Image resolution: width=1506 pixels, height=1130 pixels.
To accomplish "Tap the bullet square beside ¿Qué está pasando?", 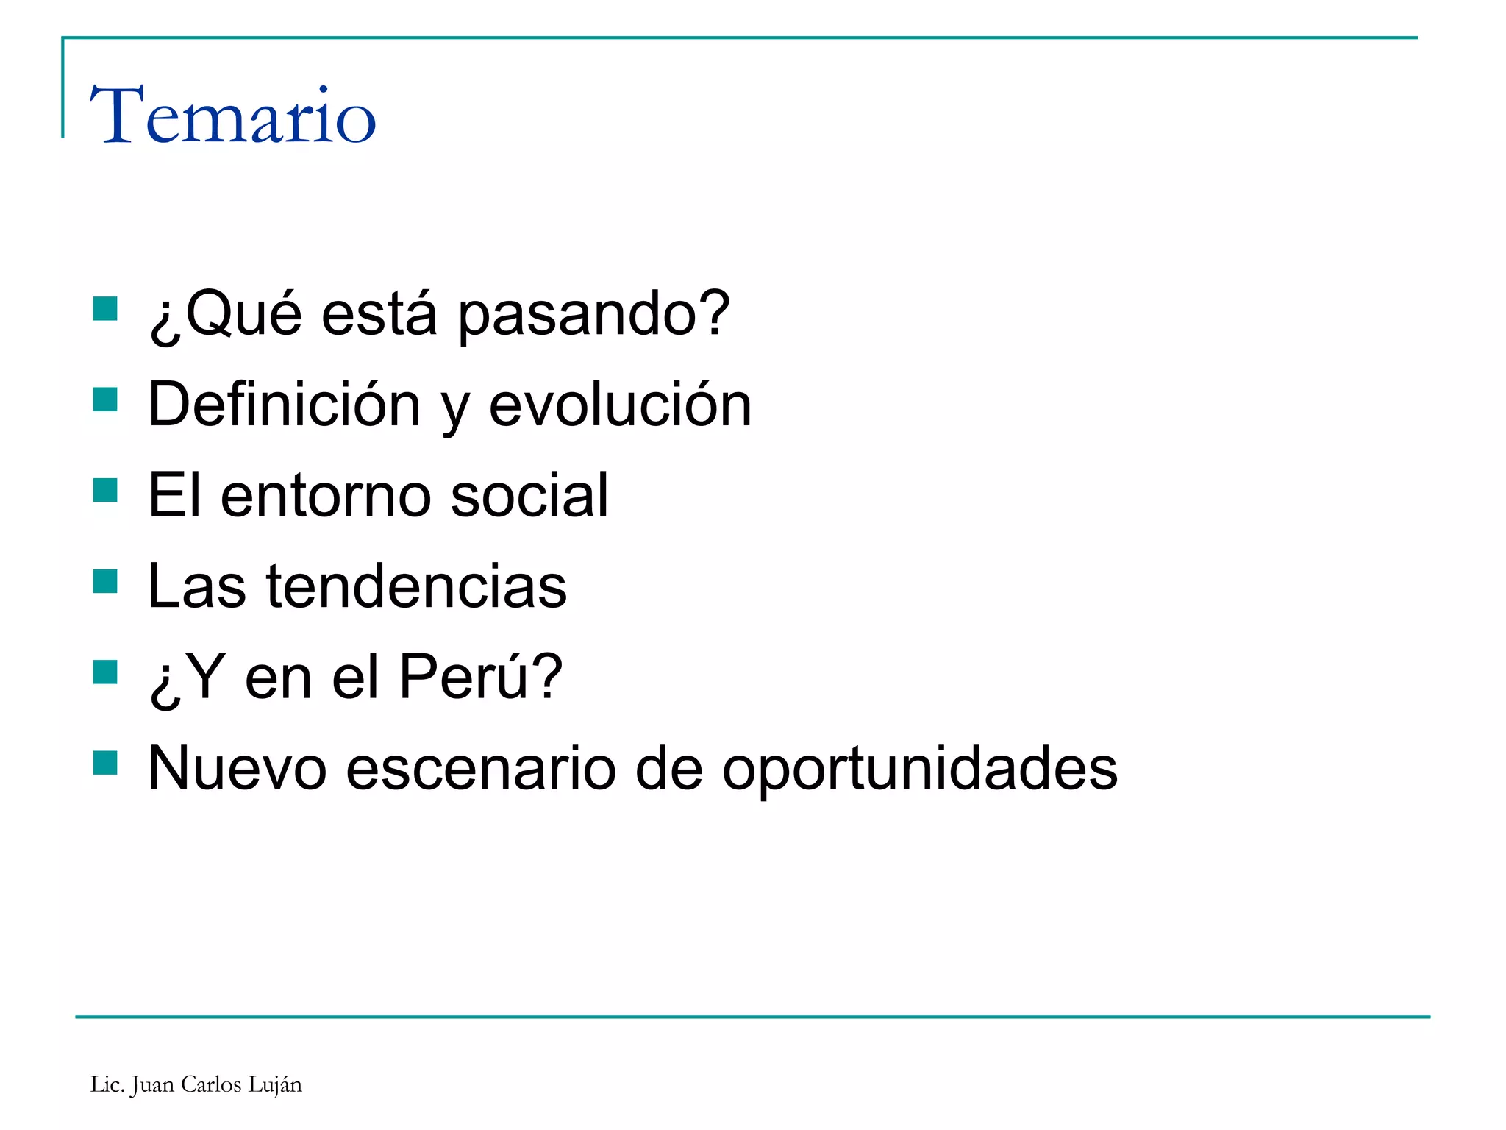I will (x=105, y=309).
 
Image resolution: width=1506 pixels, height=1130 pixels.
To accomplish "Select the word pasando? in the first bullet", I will (x=593, y=315).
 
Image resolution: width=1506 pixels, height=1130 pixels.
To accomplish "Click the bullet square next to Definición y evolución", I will (x=105, y=400).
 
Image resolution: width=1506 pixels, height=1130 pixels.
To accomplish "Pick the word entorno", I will (x=325, y=496).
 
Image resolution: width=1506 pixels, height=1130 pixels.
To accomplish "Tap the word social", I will (x=529, y=495).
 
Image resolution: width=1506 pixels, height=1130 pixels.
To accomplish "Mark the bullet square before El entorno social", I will (x=105, y=491).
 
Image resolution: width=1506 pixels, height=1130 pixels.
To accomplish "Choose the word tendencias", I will (x=416, y=586).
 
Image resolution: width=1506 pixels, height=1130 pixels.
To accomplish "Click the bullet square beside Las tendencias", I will (x=105, y=582).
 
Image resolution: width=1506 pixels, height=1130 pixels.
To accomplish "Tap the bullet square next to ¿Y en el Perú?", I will (x=105, y=672).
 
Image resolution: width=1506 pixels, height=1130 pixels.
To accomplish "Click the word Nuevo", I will (x=237, y=768).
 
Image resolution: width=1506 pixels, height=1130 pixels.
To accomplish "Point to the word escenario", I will (x=480, y=768).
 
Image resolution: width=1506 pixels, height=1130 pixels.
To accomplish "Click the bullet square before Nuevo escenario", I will (x=105, y=764).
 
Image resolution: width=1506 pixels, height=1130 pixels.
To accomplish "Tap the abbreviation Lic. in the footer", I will (x=107, y=1084).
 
